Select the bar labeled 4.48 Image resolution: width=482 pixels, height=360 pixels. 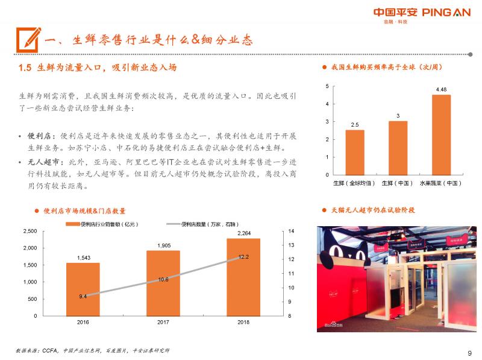[x=441, y=134]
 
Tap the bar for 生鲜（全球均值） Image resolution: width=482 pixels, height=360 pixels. [x=355, y=151]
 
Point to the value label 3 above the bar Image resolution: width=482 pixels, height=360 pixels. [x=398, y=115]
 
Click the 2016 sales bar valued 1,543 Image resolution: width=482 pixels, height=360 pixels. [x=83, y=289]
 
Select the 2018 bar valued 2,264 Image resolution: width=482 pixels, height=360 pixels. [x=243, y=277]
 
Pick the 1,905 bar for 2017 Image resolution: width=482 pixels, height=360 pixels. [x=163, y=283]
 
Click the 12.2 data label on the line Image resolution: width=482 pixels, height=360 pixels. [x=243, y=256]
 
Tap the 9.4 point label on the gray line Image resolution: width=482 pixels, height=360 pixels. [x=83, y=296]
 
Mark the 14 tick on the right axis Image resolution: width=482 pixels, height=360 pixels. [x=292, y=231]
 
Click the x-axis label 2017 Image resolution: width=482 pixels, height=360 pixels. [x=163, y=322]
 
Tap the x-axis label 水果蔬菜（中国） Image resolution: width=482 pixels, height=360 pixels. [x=441, y=182]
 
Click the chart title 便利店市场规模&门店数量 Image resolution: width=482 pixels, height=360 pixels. [x=85, y=210]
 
